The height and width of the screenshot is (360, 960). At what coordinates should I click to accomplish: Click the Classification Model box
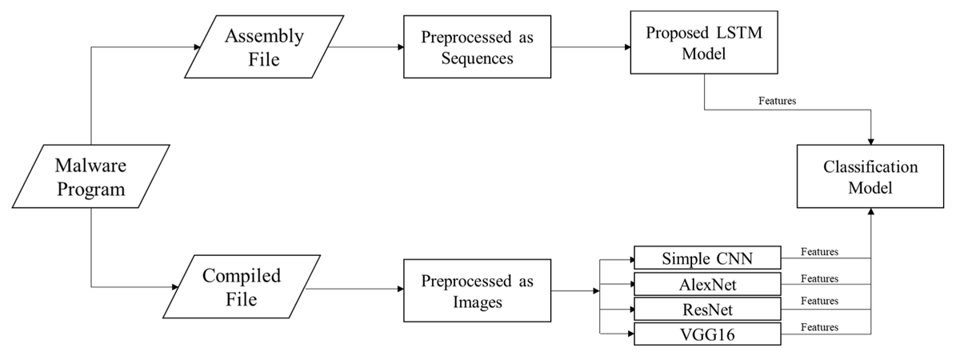tap(870, 178)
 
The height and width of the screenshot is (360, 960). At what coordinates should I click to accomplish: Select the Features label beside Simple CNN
tap(819, 252)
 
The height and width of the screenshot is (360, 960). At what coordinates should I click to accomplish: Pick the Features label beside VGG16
tap(819, 327)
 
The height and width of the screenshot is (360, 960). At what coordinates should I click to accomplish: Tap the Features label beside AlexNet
tap(819, 278)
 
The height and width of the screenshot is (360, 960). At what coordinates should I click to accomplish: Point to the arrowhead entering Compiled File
tap(176, 287)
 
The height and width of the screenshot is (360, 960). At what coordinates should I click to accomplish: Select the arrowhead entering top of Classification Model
tap(870, 141)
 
